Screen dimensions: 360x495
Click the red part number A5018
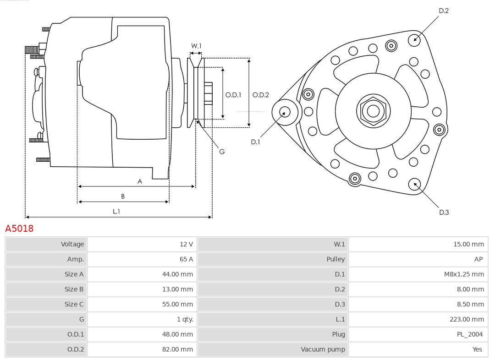tap(19, 228)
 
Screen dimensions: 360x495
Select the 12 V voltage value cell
tap(186, 244)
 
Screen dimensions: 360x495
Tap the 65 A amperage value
tap(186, 259)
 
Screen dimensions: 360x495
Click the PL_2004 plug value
tap(469, 334)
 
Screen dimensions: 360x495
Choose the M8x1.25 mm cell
tap(464, 274)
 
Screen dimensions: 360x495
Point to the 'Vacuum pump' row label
tap(323, 349)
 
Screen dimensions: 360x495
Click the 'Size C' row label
tap(74, 304)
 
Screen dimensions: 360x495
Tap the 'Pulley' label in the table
tap(335, 259)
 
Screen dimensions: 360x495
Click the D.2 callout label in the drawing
tap(444, 11)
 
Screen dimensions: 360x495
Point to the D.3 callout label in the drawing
tap(444, 212)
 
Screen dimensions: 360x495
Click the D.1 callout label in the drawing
tap(255, 142)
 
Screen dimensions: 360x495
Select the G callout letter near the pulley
tap(222, 152)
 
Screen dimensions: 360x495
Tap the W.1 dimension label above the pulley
tap(196, 46)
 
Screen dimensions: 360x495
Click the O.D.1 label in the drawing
tap(233, 95)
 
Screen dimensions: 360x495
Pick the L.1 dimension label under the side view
tap(116, 211)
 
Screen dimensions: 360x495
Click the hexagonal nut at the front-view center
tap(373, 111)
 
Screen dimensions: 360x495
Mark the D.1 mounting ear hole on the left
tap(285, 111)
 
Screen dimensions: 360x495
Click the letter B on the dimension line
tap(123, 196)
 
